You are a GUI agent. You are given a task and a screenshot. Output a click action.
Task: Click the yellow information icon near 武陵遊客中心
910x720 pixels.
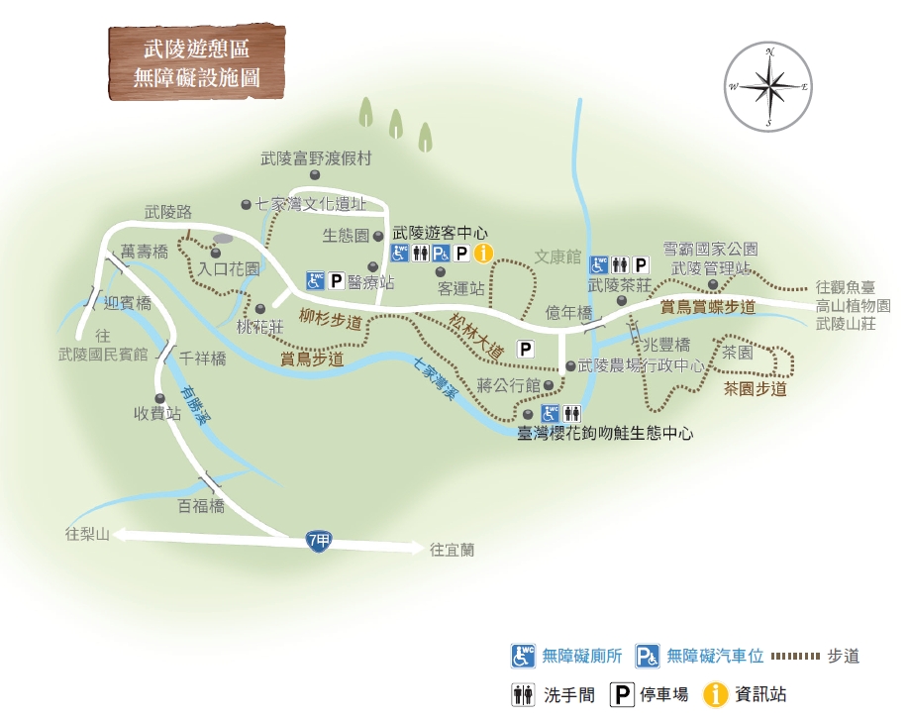coord(482,254)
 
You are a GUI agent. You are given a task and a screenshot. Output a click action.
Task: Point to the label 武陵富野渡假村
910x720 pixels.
coord(315,157)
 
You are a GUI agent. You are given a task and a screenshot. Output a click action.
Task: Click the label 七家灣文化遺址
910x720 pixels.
coord(310,205)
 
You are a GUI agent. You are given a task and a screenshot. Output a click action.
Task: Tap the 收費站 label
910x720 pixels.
coord(157,414)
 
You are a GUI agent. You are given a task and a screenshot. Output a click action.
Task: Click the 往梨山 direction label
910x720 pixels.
coord(86,535)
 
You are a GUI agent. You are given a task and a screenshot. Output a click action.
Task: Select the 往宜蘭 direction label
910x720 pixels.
coord(452,548)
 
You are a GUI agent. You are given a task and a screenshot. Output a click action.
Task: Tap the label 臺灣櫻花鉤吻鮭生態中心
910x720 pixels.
coord(605,434)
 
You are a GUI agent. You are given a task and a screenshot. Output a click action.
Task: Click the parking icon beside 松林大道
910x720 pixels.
coord(526,349)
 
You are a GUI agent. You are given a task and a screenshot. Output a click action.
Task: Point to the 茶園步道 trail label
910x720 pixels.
coord(755,389)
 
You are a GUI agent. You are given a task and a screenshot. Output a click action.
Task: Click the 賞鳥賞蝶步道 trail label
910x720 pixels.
coord(708,307)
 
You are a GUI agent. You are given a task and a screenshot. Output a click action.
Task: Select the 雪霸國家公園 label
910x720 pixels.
coord(710,248)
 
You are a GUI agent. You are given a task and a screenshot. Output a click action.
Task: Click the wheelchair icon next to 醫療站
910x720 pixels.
coord(315,281)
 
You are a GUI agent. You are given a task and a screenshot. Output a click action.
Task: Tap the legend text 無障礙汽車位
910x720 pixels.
coord(715,655)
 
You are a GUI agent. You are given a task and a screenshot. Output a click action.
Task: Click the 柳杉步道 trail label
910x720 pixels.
coord(330,319)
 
